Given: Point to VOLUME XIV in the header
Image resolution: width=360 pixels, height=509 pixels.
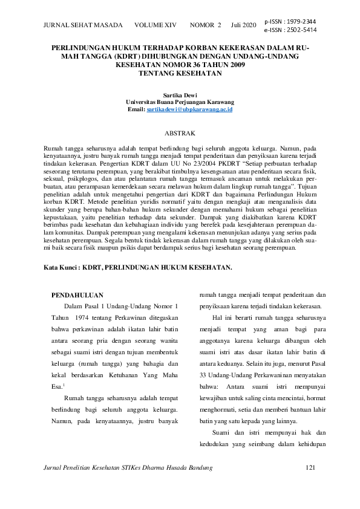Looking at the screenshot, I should coord(155,25).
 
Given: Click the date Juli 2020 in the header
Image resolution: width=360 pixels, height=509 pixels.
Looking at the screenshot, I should coord(243,25).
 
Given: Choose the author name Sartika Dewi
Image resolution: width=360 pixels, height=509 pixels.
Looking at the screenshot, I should coord(180,96).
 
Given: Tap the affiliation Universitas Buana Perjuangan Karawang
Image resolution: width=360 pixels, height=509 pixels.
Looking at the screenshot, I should coord(180,102).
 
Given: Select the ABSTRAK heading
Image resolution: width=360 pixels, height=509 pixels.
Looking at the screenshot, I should coord(180,132).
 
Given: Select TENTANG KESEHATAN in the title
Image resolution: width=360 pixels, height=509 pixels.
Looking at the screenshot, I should coord(180,73).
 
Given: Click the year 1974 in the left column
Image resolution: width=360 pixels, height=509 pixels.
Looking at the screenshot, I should coord(87,317).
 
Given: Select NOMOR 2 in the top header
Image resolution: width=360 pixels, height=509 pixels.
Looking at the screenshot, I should coord(206,25).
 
